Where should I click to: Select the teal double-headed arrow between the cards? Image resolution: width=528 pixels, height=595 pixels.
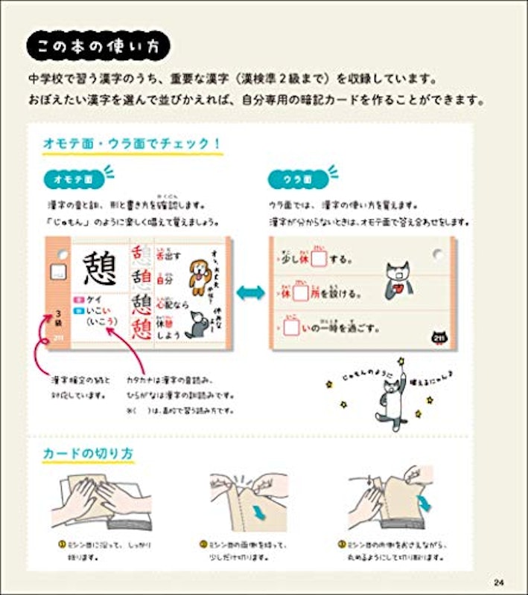point(250,292)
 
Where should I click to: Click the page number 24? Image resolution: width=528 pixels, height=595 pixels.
point(499,581)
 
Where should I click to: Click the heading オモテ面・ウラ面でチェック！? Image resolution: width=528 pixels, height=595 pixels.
point(133,142)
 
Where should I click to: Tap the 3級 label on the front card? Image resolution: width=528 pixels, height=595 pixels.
point(56,324)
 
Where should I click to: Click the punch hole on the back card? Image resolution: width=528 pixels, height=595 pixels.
point(439,255)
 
